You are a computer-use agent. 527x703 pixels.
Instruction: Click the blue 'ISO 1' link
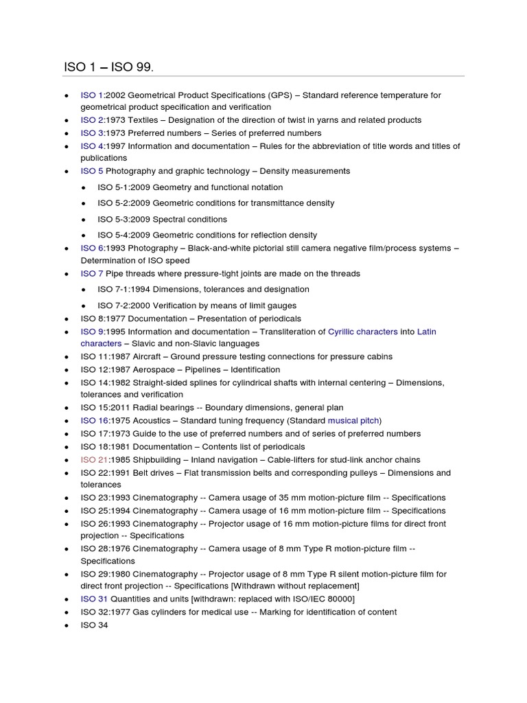[92, 95]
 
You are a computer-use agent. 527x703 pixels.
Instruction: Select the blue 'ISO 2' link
[92, 120]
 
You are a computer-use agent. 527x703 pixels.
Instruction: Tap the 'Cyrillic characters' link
[363, 332]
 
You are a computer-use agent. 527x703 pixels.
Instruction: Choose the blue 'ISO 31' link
[94, 599]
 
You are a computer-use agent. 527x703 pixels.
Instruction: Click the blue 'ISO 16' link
[94, 420]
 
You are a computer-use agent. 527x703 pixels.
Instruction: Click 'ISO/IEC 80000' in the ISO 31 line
[322, 599]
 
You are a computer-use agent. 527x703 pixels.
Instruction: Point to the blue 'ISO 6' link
[92, 248]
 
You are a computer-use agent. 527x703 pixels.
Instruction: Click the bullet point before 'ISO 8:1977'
[65, 319]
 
